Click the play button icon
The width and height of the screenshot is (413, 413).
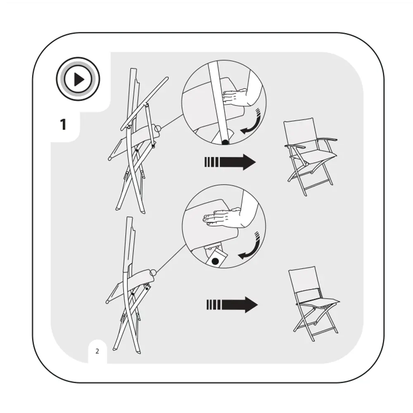[78, 79]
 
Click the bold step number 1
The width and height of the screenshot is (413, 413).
[63, 124]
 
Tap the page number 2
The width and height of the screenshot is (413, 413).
[97, 351]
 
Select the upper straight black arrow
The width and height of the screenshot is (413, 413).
[230, 162]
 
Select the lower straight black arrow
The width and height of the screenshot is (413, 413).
[232, 305]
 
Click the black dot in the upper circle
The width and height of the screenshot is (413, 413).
[225, 142]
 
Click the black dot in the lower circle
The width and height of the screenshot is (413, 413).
[215, 261]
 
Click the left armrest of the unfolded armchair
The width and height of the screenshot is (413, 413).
[295, 146]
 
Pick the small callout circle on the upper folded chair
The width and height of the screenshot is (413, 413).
[157, 129]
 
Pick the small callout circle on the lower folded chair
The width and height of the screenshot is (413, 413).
[153, 272]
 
